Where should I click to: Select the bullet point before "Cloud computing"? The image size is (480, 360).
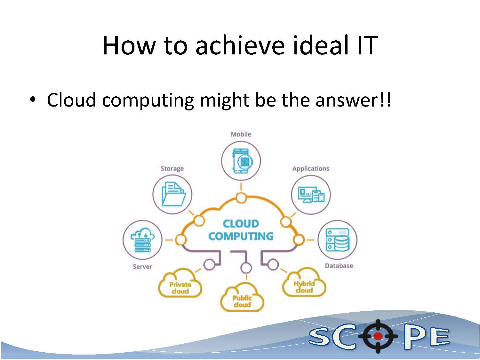click(x=33, y=100)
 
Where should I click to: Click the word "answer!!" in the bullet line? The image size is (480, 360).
click(x=353, y=100)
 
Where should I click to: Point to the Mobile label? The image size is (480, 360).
click(x=241, y=134)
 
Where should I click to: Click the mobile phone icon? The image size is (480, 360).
click(x=242, y=161)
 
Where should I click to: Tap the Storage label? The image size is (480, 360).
click(x=172, y=169)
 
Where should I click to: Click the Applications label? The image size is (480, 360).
click(x=311, y=169)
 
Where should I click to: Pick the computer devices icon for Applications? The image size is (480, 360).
click(x=311, y=195)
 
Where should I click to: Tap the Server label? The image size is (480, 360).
click(x=142, y=267)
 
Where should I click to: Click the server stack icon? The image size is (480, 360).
click(x=143, y=240)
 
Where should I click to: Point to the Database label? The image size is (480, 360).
click(x=339, y=266)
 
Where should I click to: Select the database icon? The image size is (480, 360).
click(x=338, y=240)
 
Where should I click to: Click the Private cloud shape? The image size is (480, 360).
click(x=180, y=283)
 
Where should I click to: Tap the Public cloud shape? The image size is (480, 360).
click(x=242, y=297)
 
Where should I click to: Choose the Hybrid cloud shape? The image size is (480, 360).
click(x=304, y=282)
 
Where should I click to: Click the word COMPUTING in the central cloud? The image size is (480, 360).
click(x=241, y=236)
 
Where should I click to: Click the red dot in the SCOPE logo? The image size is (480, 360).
click(x=378, y=336)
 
